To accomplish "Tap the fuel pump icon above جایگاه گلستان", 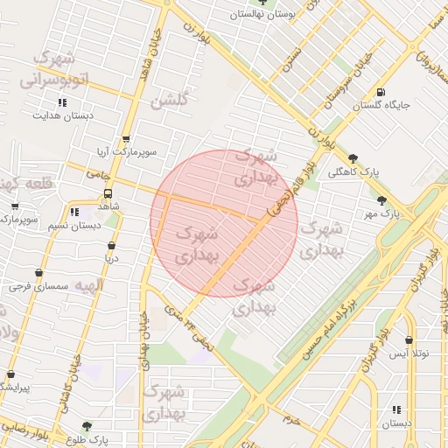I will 380,92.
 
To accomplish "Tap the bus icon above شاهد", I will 108,193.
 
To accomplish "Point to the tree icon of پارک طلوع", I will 86,426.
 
